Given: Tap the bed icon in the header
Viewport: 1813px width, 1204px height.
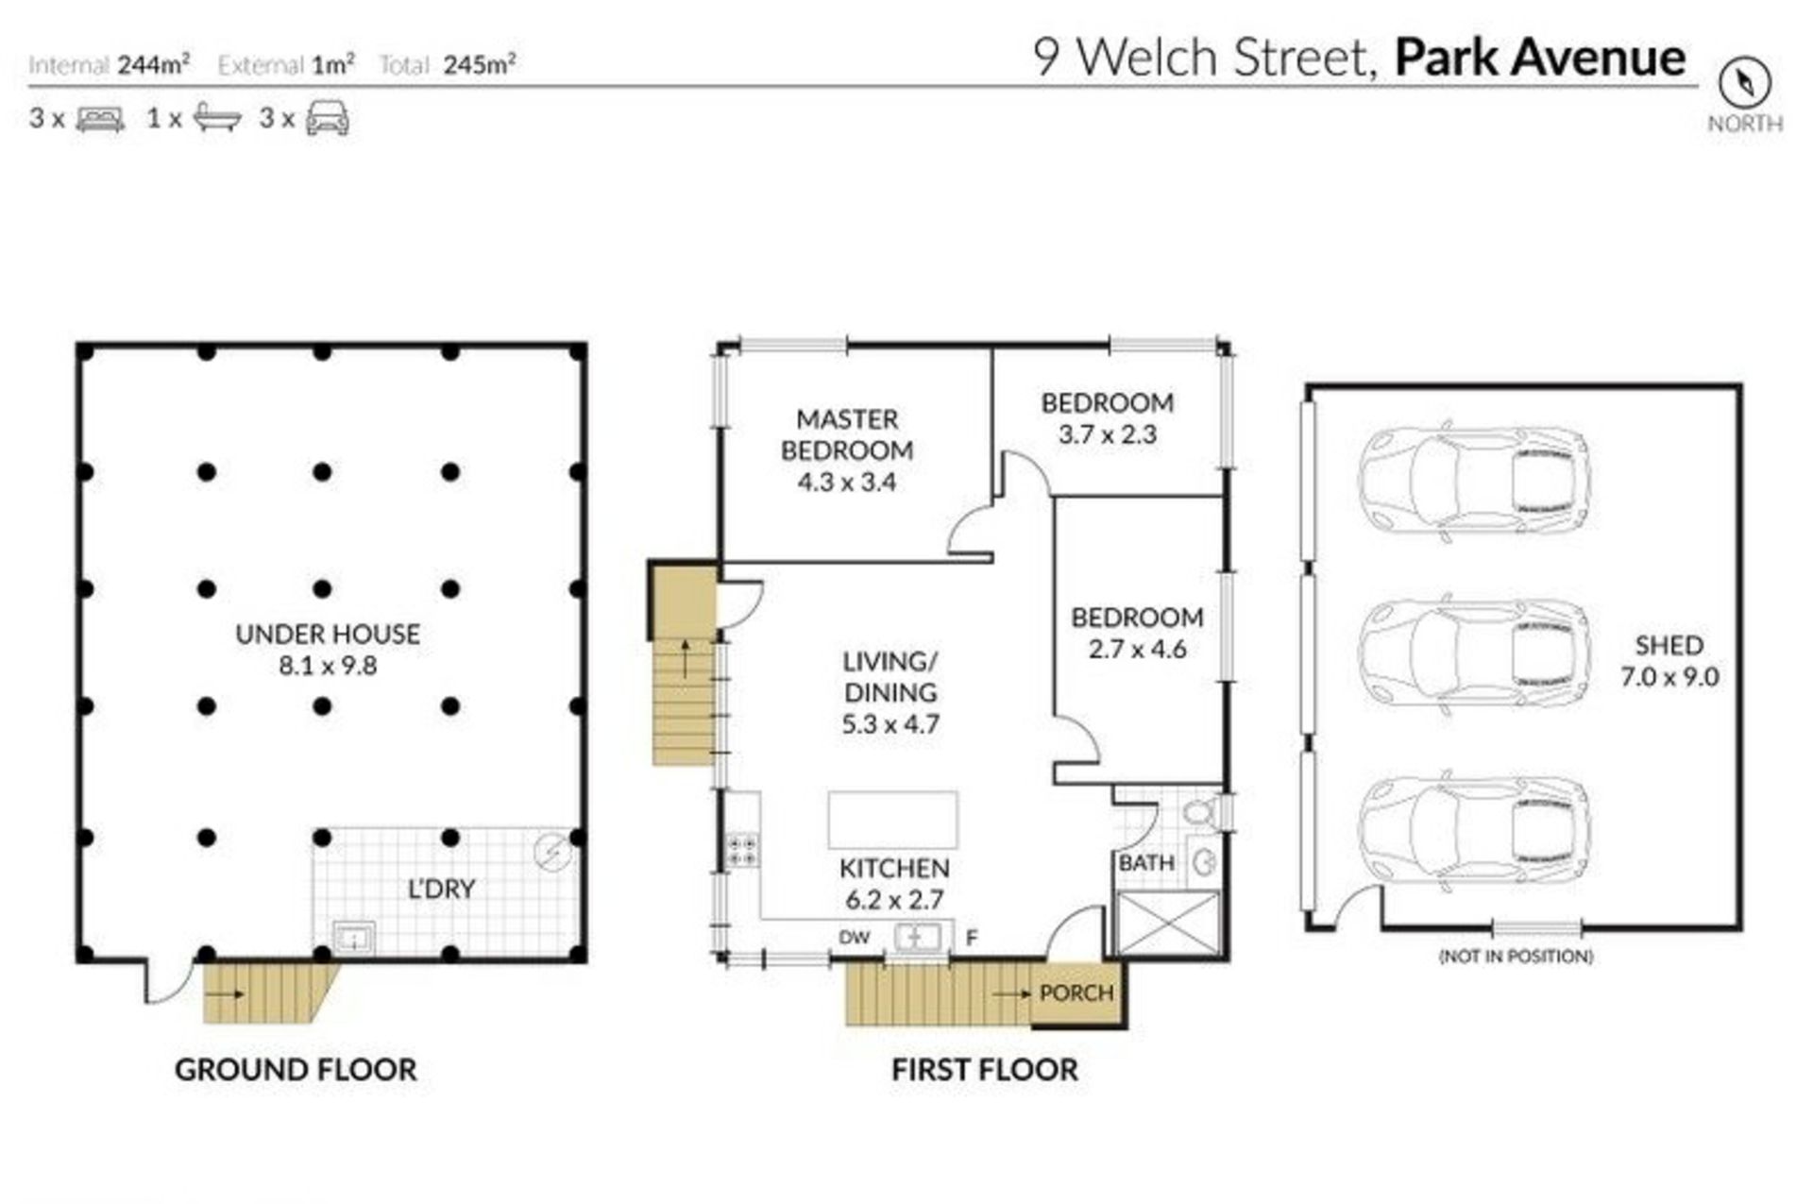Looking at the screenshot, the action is pyautogui.click(x=100, y=119).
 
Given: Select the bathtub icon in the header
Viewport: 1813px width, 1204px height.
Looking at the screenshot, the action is pyautogui.click(x=216, y=118).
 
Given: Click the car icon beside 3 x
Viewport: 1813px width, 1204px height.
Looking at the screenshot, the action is pyautogui.click(x=327, y=119).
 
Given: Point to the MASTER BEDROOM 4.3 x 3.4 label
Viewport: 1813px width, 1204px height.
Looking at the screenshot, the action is pyautogui.click(x=847, y=450).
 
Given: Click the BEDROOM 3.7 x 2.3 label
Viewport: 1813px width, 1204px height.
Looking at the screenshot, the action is pyautogui.click(x=1108, y=418).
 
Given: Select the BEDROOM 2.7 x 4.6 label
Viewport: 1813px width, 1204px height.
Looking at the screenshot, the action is pyautogui.click(x=1137, y=633).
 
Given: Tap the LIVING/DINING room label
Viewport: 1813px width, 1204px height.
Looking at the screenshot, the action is pyautogui.click(x=890, y=692).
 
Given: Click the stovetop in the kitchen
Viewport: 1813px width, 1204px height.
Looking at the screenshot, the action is pyautogui.click(x=741, y=850).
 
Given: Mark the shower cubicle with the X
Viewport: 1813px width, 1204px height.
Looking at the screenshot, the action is pyautogui.click(x=1167, y=923).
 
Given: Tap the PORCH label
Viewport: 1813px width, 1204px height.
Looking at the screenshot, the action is pyautogui.click(x=1076, y=993).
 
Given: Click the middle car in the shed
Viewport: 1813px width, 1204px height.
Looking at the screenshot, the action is pyautogui.click(x=1474, y=652).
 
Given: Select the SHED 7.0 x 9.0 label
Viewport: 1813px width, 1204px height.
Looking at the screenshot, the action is pyautogui.click(x=1669, y=661).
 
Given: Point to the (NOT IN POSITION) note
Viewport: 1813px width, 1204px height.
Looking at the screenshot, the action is pyautogui.click(x=1516, y=957).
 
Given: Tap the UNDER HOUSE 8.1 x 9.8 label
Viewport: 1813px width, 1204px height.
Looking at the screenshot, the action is pyautogui.click(x=328, y=650).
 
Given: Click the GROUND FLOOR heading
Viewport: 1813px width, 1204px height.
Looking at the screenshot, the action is pyautogui.click(x=296, y=1070).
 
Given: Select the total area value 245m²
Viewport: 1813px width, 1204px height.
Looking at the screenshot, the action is pyautogui.click(x=480, y=63).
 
